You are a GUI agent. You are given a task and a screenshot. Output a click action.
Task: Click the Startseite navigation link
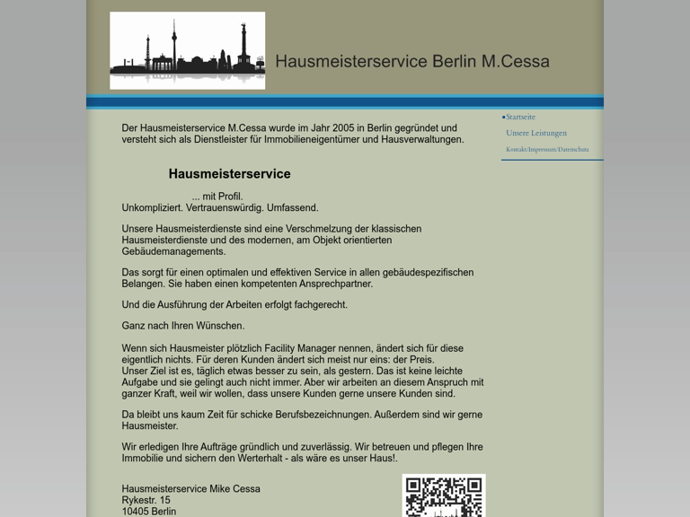click(x=520, y=117)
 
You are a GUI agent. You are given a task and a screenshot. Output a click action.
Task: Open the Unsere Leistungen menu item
click(x=536, y=133)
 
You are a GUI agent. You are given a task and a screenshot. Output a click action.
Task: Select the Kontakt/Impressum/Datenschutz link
click(x=547, y=149)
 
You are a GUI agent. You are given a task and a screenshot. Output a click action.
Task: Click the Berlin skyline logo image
click(x=187, y=50)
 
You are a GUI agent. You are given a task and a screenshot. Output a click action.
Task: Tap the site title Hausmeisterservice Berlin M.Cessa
click(x=411, y=62)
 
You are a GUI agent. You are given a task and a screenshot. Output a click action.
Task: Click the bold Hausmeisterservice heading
click(x=229, y=174)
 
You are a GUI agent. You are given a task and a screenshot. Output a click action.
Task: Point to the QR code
click(x=443, y=496)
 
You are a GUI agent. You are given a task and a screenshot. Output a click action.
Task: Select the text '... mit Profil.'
click(x=217, y=197)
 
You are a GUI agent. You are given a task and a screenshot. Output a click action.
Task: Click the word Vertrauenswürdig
click(x=225, y=207)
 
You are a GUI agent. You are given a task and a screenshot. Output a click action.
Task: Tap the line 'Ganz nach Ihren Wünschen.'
click(x=183, y=326)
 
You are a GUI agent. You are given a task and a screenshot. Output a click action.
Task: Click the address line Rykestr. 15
click(x=146, y=500)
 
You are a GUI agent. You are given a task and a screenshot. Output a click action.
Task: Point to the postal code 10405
click(x=135, y=512)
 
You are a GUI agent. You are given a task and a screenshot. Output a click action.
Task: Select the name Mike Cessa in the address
click(x=234, y=489)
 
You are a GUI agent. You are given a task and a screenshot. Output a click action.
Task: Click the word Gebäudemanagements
click(x=173, y=251)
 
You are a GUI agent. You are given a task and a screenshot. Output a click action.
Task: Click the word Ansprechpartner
click(x=331, y=284)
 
